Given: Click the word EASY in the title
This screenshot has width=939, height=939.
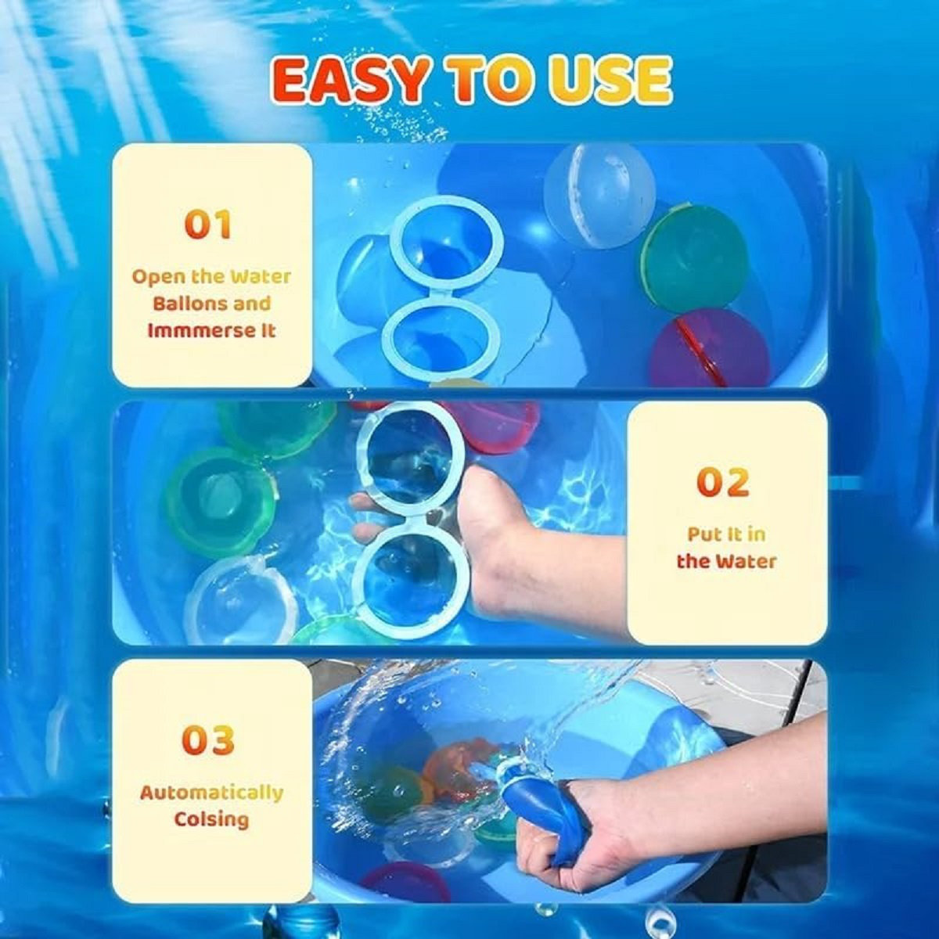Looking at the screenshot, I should coord(351,81).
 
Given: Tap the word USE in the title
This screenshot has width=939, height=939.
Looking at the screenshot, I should coord(610,81).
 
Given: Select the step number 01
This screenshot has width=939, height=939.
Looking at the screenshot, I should coord(208,225).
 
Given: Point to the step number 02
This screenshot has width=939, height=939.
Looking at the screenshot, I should coord(722,483).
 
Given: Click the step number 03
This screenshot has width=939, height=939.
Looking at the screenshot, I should coord(208,740).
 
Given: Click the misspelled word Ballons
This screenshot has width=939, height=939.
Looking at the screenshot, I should coord(211,304).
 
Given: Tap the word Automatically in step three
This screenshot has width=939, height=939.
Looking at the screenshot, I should coord(211,793).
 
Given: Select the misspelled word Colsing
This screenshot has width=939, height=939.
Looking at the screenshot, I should coord(211,819).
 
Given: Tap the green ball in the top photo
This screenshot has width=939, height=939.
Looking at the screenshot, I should coord(693,258).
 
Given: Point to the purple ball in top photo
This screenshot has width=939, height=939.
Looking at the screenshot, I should coord(708,350).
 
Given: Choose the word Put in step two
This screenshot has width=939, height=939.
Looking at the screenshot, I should coord(702,534).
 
